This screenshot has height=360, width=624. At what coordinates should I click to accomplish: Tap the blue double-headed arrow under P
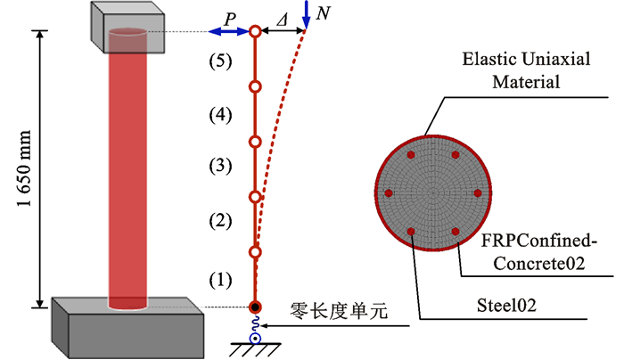[x=227, y=32]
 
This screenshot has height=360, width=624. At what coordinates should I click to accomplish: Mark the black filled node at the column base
[x=255, y=308]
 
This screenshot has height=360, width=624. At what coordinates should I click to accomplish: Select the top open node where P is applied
[x=255, y=32]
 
